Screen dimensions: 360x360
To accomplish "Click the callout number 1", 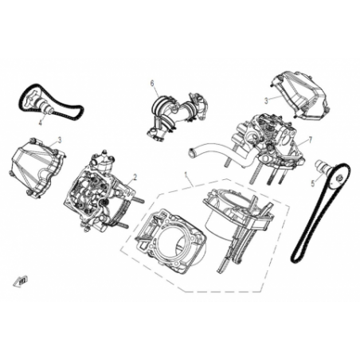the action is click(x=186, y=174).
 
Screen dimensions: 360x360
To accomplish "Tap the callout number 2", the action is click(x=135, y=177).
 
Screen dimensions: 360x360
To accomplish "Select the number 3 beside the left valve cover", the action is click(x=60, y=139).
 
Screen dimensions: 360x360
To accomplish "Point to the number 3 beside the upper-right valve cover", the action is click(x=266, y=100).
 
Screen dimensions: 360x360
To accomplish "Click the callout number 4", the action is click(x=41, y=123).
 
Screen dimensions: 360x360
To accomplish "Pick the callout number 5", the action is click(x=313, y=183).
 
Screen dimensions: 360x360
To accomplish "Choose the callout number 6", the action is click(x=152, y=84).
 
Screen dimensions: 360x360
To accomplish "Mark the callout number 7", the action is click(x=310, y=140).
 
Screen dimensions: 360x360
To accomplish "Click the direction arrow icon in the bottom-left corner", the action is click(x=21, y=281).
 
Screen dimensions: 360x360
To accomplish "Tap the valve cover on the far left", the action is click(x=37, y=168).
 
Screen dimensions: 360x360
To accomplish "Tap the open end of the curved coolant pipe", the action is click(x=191, y=152).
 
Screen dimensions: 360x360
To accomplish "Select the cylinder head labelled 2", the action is click(x=102, y=190).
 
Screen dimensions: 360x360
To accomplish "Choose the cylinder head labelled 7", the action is click(x=268, y=145).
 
